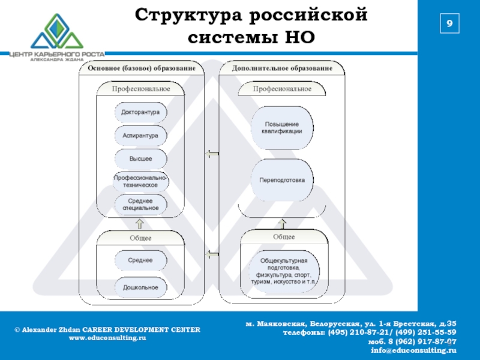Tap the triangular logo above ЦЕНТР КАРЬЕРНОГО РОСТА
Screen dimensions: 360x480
coord(57,31)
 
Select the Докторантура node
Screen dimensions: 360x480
coord(140,112)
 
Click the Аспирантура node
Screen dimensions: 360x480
coord(140,136)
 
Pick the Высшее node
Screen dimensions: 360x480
coord(140,159)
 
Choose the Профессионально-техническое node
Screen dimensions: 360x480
coord(140,181)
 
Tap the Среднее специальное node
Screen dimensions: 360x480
coord(140,205)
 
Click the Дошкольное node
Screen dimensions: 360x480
coord(140,288)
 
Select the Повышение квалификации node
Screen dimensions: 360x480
coord(282,128)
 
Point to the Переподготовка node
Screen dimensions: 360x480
coord(282,180)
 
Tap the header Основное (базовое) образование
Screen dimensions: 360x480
coord(142,68)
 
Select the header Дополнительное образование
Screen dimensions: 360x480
coord(283,68)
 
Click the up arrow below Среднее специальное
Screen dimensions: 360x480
coord(140,224)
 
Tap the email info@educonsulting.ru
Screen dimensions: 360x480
coord(413,350)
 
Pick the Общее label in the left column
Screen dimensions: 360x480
coord(140,238)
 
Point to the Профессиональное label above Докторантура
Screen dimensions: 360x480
coord(141,89)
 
